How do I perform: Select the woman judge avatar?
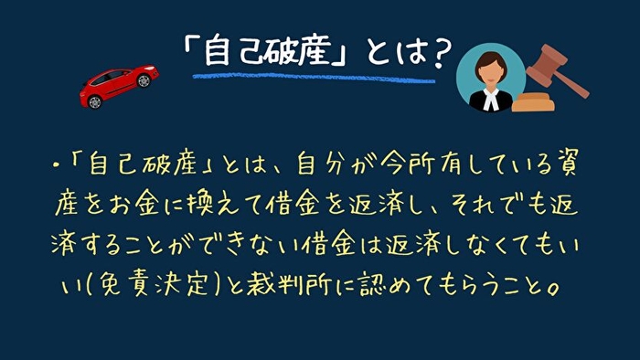pyautogui.click(x=490, y=78)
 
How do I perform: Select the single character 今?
pyautogui.click(x=395, y=167)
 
